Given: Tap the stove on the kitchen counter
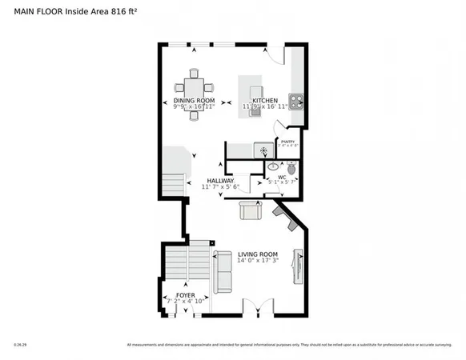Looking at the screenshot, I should click(295, 102).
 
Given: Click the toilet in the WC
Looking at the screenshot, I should click(291, 168).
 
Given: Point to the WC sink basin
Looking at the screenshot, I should click(273, 167).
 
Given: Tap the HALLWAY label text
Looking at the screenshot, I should click(220, 181).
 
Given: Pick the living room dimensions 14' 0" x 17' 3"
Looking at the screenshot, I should click(257, 261).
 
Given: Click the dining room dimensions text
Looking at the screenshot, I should click(193, 106).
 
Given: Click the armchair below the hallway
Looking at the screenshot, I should click(251, 210).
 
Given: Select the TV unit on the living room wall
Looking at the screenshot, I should click(298, 266).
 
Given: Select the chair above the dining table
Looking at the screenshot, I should click(193, 74).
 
